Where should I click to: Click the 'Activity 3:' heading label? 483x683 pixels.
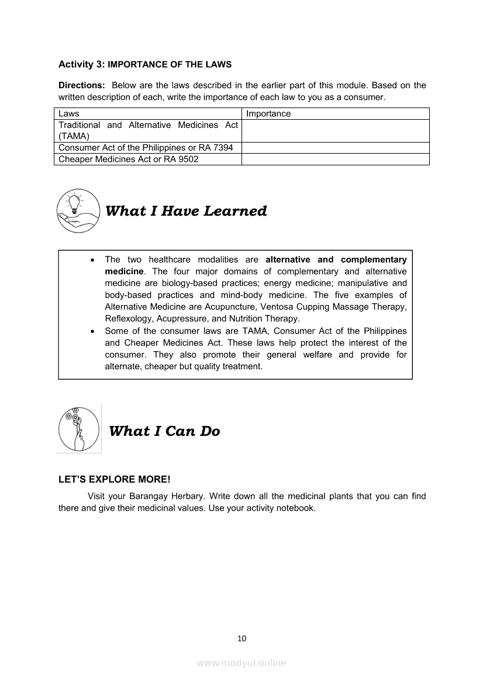tap(82, 64)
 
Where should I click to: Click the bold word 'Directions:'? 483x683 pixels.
tap(82, 85)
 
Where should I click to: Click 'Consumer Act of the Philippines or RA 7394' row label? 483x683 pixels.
tap(146, 148)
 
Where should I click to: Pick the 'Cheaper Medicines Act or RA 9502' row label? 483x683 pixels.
tap(128, 159)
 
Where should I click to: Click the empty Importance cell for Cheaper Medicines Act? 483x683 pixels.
tap(335, 159)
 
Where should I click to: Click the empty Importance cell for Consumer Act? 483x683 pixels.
tap(335, 148)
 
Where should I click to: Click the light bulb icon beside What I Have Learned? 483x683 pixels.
tap(78, 210)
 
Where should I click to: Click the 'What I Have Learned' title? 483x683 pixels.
tap(186, 211)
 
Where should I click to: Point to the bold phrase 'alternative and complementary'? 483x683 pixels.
tap(336, 259)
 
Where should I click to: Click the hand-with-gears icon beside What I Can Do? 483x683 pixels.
tap(79, 428)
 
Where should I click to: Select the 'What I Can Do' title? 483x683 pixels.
tap(164, 431)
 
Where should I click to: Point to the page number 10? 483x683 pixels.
tap(241, 638)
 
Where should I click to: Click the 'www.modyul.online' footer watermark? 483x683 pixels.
tap(241, 663)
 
